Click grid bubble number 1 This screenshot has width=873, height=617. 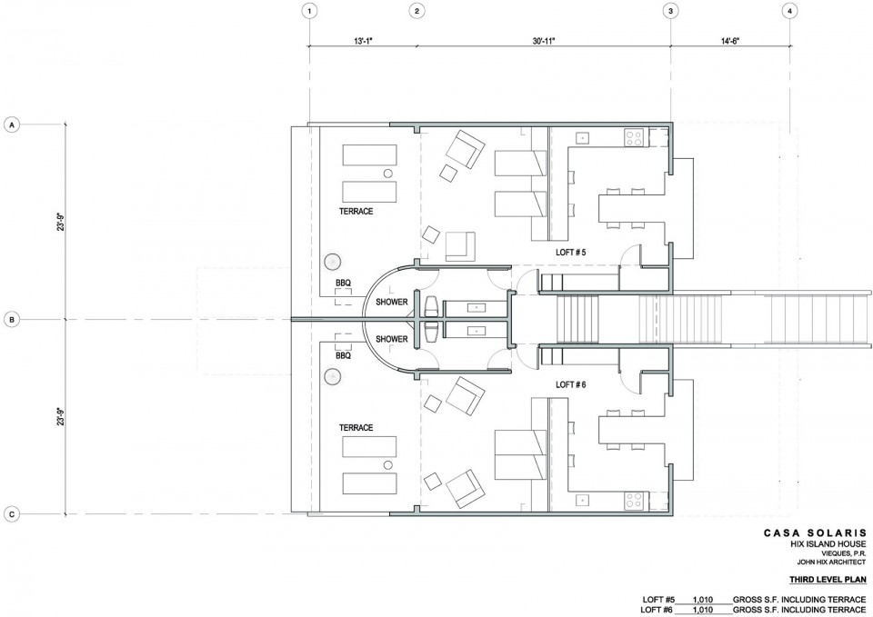309,11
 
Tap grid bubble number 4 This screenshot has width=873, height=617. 789,11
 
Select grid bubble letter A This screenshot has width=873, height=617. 11,124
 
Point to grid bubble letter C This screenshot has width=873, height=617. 11,514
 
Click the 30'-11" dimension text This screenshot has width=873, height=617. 544,41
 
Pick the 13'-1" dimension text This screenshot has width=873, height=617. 363,41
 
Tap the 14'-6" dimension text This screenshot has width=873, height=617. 729,41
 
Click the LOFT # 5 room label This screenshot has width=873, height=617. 571,252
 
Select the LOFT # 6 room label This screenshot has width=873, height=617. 571,384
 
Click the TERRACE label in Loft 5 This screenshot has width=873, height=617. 356,212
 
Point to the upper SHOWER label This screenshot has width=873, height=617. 392,302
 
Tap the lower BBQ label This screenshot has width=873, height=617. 344,355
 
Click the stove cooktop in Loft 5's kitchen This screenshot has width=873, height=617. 634,137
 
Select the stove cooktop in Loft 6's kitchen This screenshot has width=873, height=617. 634,501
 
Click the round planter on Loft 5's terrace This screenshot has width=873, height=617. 333,261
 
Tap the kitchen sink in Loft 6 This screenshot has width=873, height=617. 583,501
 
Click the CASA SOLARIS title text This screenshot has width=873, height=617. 815,532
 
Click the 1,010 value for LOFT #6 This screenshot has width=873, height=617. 703,611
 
